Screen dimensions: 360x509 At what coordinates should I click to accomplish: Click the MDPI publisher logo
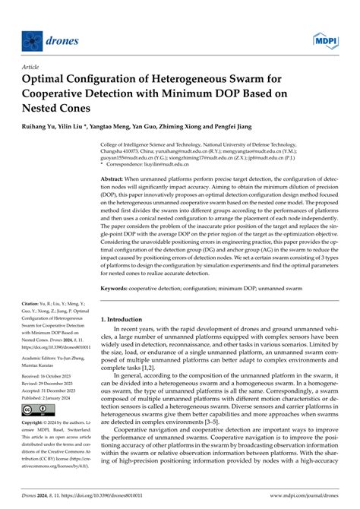324,38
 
